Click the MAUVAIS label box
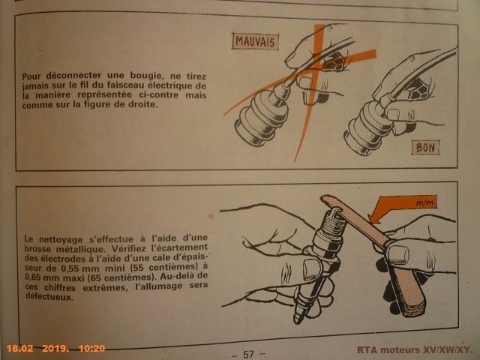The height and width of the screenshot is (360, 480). point(255,41)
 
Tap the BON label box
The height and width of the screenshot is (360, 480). point(425,148)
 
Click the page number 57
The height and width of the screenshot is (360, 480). point(248,354)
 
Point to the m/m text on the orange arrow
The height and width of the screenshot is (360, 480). point(424,202)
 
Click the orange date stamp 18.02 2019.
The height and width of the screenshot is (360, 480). point(37,348)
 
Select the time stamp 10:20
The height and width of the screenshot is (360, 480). point(91,348)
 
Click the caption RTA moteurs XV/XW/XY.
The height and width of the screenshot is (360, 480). point(415,350)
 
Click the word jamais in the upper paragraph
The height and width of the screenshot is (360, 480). point(35,86)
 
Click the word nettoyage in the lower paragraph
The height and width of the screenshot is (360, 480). point(56,240)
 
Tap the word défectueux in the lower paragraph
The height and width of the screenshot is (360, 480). point(49,297)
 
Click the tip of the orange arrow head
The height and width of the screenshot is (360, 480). point(369,220)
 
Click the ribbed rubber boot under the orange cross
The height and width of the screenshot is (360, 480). point(262,119)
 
